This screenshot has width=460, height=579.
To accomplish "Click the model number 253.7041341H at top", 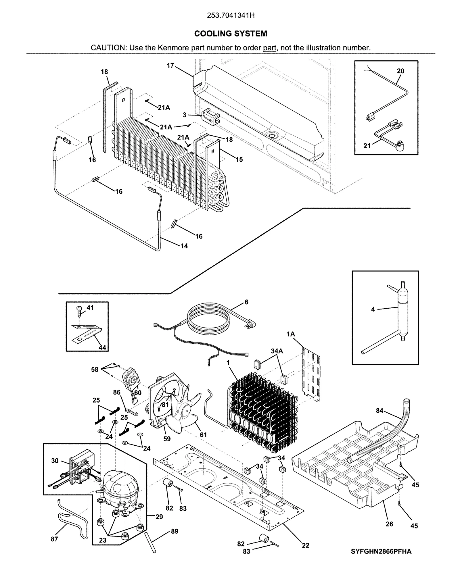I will pyautogui.click(x=231, y=16).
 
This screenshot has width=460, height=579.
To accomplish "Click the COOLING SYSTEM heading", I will pyautogui.click(x=231, y=34).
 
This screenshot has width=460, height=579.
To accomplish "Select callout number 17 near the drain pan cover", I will pyautogui.click(x=170, y=66).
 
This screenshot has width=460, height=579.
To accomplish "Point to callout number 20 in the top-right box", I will pyautogui.click(x=400, y=71).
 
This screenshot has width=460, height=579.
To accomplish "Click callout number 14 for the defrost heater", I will pyautogui.click(x=184, y=246).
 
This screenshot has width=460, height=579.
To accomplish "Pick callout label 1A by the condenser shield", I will pyautogui.click(x=291, y=334).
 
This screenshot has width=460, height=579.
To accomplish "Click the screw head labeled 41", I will pyautogui.click(x=79, y=309).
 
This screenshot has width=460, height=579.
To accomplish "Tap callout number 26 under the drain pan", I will pyautogui.click(x=389, y=524).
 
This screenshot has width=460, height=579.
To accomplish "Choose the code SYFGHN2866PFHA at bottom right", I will pyautogui.click(x=381, y=551).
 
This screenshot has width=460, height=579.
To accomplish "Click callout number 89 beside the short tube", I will pyautogui.click(x=175, y=531).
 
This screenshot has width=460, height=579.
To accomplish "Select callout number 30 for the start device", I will pyautogui.click(x=55, y=461).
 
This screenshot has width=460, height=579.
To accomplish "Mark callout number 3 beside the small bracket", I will pyautogui.click(x=185, y=115).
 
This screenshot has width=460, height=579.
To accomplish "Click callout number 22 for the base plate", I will pyautogui.click(x=305, y=545).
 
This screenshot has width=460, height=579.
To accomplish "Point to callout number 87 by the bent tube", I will pyautogui.click(x=54, y=539).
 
